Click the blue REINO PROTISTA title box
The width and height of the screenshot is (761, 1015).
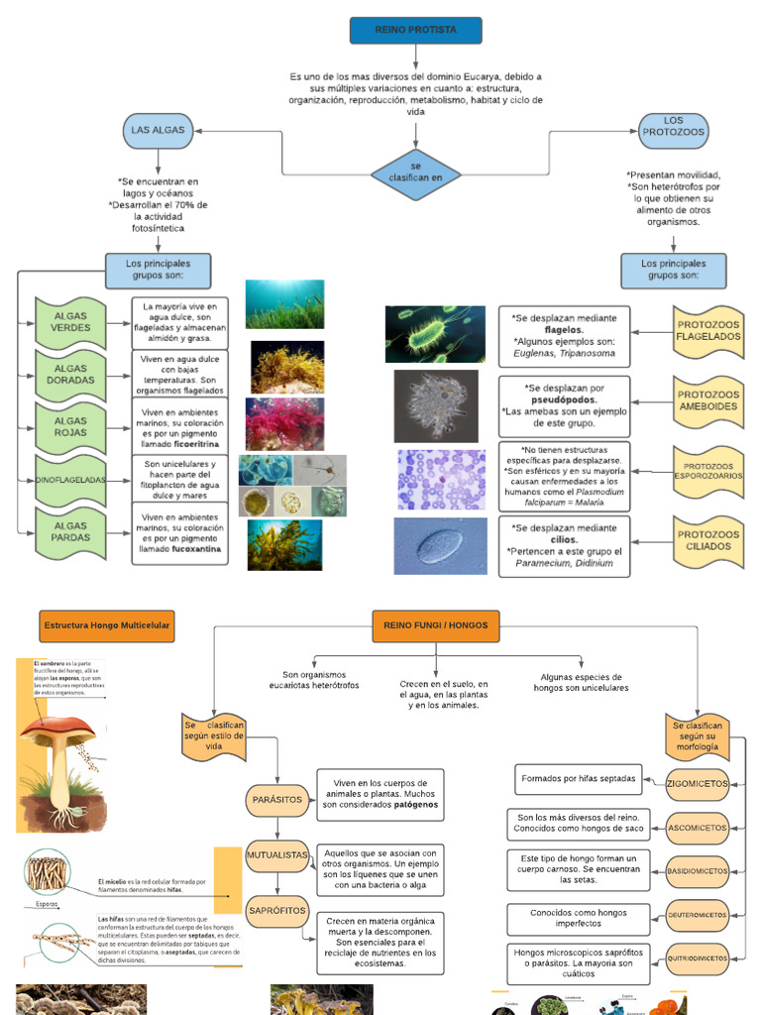click(416, 31)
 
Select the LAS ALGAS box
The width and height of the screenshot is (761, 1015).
click(158, 131)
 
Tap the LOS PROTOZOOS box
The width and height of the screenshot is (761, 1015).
click(673, 127)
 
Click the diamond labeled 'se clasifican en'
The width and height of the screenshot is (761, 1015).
click(416, 172)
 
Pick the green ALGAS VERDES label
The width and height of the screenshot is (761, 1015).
click(70, 322)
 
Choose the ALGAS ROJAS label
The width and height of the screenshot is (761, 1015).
click(70, 427)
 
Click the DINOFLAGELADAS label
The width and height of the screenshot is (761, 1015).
click(70, 480)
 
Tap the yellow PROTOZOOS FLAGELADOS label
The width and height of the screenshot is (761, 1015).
click(707, 331)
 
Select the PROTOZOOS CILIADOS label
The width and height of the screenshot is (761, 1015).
click(707, 540)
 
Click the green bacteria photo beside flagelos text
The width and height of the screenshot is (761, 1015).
click(435, 334)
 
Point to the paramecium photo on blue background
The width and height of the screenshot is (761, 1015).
click(440, 546)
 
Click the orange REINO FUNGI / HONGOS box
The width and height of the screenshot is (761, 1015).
click(436, 625)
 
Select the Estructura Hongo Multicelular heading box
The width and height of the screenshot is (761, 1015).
click(107, 626)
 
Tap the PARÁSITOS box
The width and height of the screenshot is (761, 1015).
click(276, 800)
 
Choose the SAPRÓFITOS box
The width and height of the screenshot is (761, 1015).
click(276, 910)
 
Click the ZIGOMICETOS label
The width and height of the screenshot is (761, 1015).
click(697, 784)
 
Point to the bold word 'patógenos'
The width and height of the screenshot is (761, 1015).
click(416, 805)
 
